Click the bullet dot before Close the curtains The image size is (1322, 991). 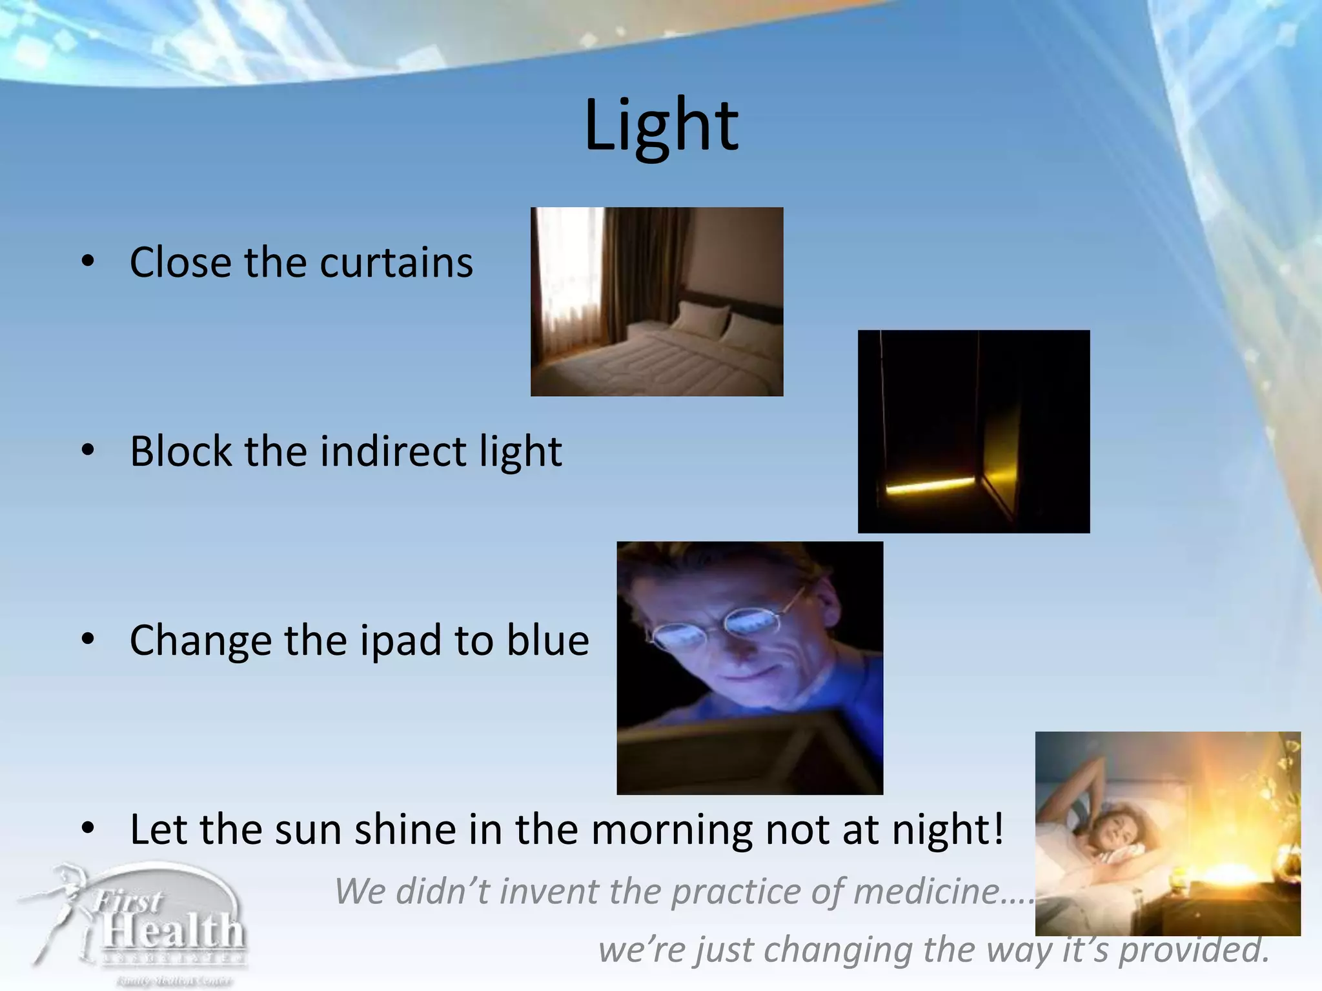click(88, 261)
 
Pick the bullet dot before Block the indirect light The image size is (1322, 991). click(88, 450)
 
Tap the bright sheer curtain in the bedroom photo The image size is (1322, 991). click(565, 277)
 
